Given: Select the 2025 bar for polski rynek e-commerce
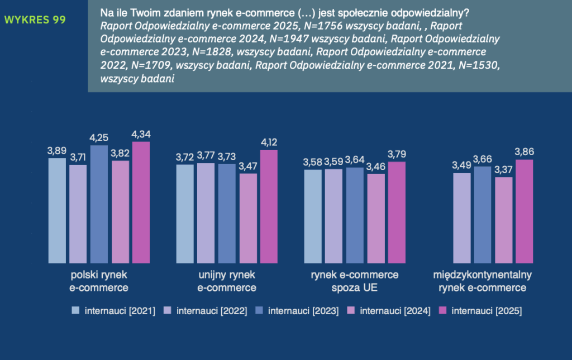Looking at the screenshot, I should tap(141, 202).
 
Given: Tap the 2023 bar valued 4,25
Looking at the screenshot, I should tap(99, 204).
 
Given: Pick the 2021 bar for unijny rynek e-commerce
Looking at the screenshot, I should tap(185, 213).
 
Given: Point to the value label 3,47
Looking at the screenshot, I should tap(247, 166).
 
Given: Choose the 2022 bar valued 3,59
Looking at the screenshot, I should tap(333, 215).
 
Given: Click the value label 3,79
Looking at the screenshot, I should tap(396, 154).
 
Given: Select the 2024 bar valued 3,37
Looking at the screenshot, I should tap(504, 219).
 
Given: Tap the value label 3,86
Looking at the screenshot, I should tap(525, 151).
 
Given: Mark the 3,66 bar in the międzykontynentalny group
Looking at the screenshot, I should tap(483, 214).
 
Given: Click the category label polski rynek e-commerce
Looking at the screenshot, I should tap(99, 281).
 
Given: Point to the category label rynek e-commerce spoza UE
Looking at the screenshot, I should tap(354, 281).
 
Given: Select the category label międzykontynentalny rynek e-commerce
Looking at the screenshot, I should tap(483, 281).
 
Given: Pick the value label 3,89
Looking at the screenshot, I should tap(57, 150).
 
